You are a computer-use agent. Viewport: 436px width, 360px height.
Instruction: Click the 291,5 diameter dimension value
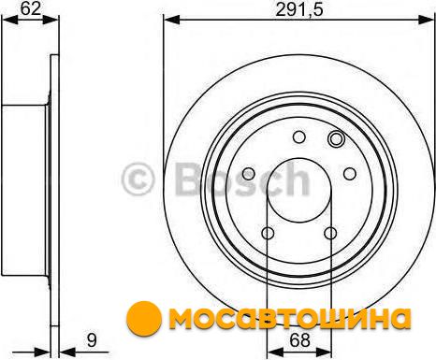(x=299, y=9)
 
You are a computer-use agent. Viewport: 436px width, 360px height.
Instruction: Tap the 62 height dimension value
(x=31, y=8)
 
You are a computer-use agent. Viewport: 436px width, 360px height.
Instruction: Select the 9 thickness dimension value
(x=92, y=340)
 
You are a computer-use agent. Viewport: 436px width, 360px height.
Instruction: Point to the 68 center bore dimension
(x=299, y=340)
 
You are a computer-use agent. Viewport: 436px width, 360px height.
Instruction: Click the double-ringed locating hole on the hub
(x=336, y=138)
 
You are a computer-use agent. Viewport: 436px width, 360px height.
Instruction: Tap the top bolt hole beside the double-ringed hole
(x=299, y=137)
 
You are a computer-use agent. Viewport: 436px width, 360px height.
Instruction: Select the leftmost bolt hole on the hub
(x=249, y=174)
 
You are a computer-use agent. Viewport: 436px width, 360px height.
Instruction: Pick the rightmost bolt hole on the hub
(x=350, y=174)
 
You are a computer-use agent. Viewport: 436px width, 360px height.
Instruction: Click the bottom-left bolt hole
(x=268, y=233)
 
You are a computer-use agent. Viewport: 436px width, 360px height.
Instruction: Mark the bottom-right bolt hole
(x=330, y=233)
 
